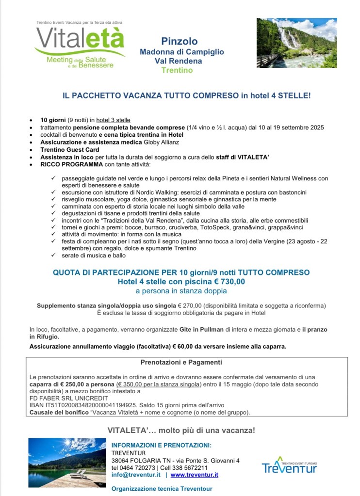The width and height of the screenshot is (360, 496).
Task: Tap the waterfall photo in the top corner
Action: pyautogui.click(x=296, y=43)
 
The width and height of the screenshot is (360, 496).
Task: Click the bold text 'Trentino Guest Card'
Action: pyautogui.click(x=70, y=150)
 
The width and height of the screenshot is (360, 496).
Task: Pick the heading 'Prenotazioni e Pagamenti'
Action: pyautogui.click(x=181, y=362)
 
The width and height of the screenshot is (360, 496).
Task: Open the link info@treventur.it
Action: pyautogui.click(x=136, y=475)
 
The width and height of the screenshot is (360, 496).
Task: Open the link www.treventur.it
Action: pyautogui.click(x=194, y=475)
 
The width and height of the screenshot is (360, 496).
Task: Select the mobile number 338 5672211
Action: pyautogui.click(x=191, y=468)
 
